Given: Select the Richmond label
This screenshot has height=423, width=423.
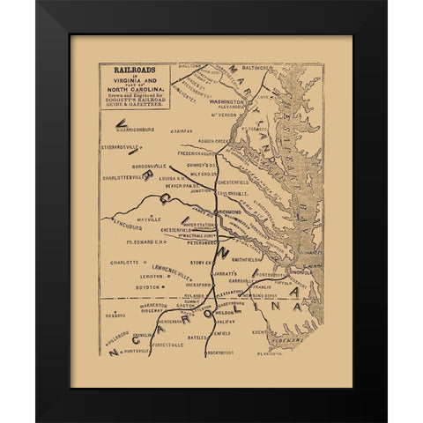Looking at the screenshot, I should pyautogui.click(x=232, y=212).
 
